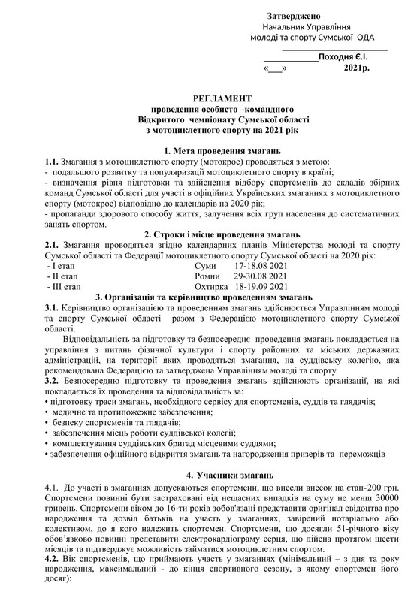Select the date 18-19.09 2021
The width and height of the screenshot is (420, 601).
pos(264,286)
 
